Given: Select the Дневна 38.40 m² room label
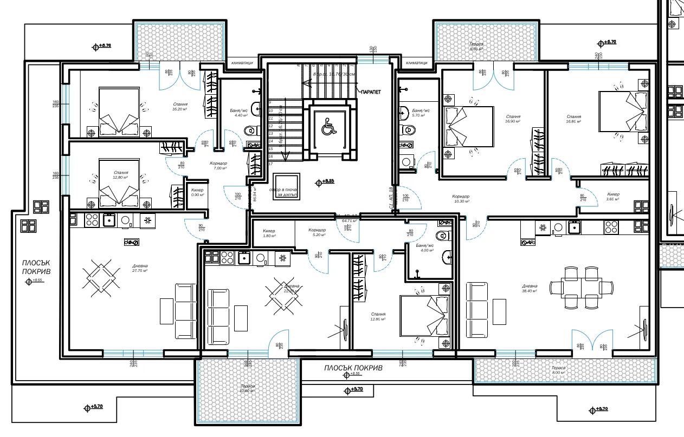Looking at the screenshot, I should click(x=530, y=288).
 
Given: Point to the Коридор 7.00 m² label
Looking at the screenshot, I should click(x=218, y=166).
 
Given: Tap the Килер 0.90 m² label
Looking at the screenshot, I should click(x=197, y=192).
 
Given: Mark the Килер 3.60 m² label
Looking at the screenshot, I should click(x=613, y=197).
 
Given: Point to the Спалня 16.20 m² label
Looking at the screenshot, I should click(x=180, y=106).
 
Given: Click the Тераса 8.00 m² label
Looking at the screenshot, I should click(x=558, y=370).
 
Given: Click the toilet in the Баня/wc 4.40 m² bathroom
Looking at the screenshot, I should click(x=250, y=131).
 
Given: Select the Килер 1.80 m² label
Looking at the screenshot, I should click(x=269, y=233).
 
